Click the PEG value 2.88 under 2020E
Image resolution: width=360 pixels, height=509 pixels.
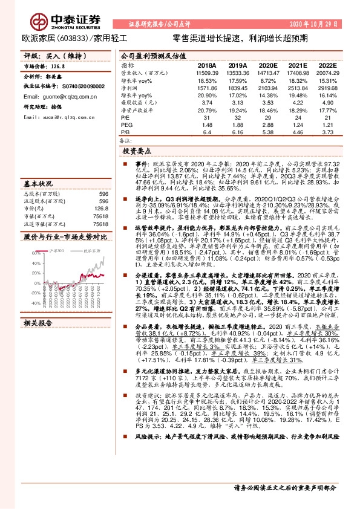pyautogui.click(x=255, y=125)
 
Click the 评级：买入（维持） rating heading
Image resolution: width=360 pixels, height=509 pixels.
pyautogui.click(x=46, y=56)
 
